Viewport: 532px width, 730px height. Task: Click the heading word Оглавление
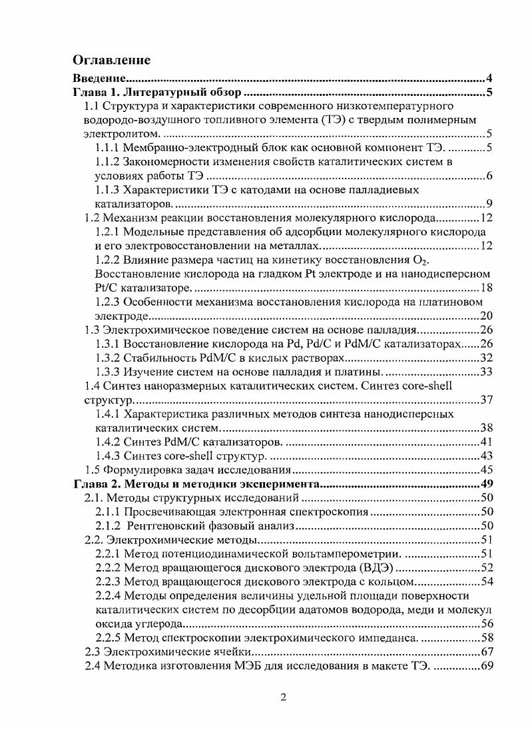[111, 61]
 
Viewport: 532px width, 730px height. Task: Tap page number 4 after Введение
[489, 79]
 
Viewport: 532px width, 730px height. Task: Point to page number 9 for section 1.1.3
[489, 204]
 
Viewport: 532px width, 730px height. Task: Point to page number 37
[486, 400]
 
